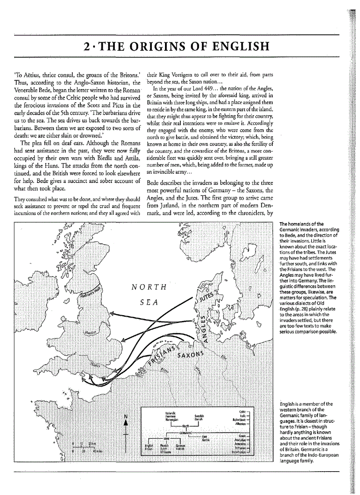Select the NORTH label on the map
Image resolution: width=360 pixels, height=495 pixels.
tap(149, 288)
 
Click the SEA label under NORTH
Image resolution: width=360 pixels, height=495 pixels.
tap(149, 303)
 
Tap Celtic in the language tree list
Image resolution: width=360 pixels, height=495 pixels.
tap(241, 411)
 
